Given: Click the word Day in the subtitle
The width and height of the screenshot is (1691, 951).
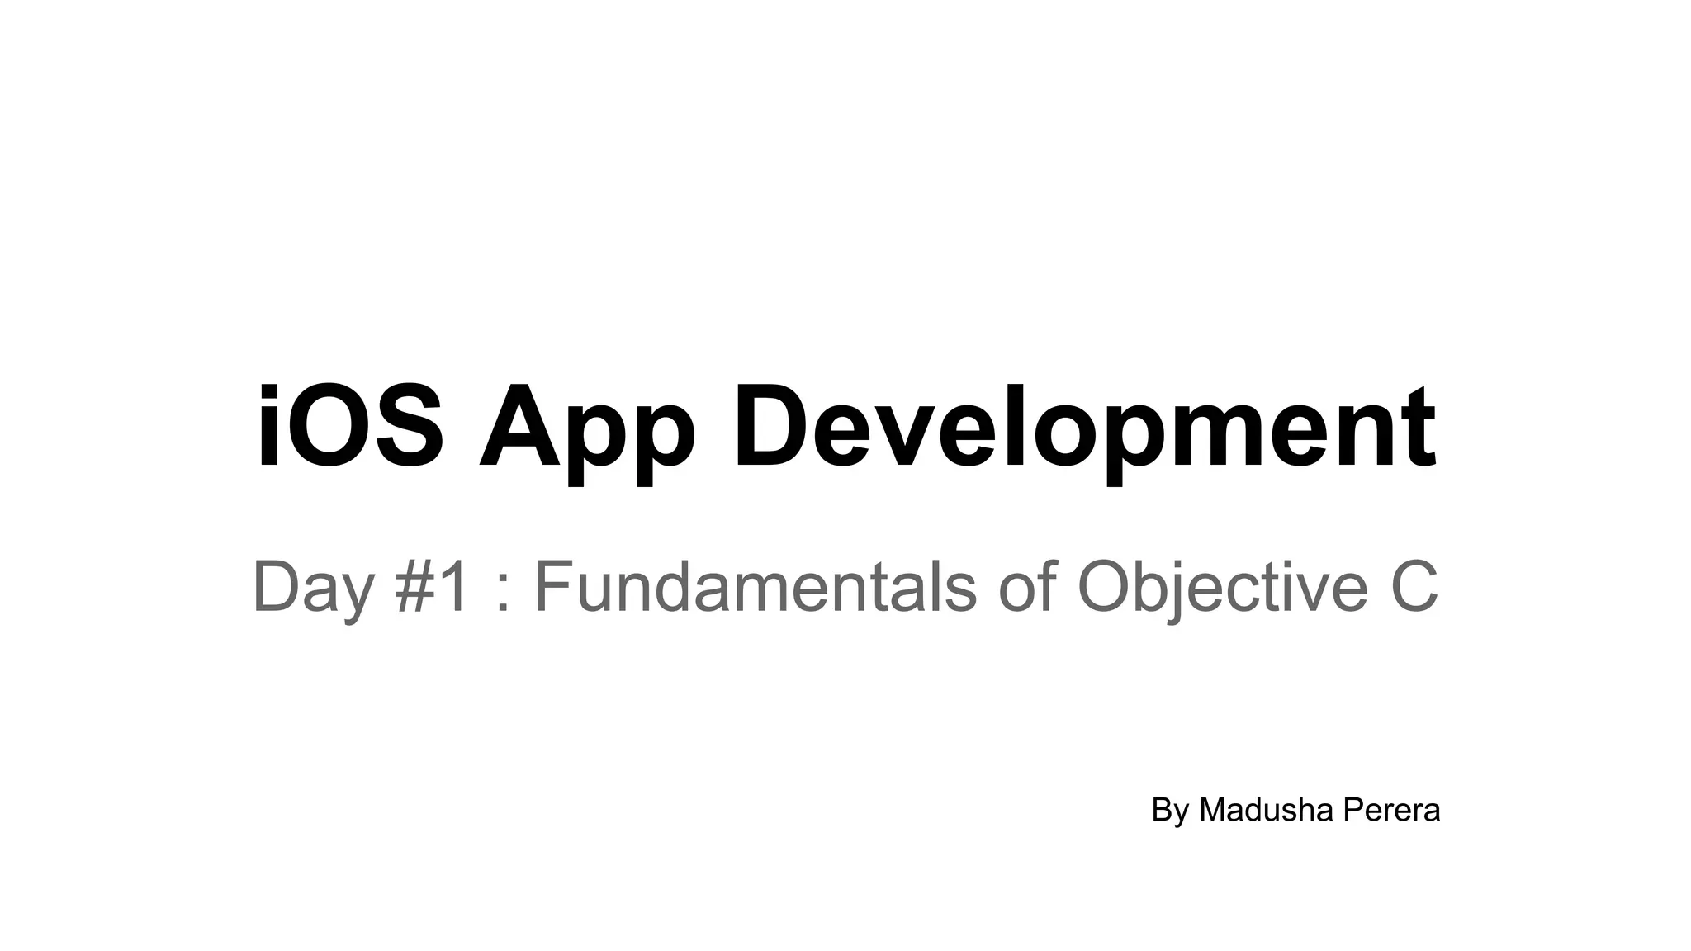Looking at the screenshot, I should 313,588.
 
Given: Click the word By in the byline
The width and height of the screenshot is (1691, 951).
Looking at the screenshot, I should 1169,811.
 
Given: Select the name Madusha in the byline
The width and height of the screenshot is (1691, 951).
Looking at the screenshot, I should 1267,810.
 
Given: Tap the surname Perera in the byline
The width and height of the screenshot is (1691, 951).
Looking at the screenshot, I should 1391,810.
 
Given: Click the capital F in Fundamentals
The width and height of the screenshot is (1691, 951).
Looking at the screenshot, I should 554,586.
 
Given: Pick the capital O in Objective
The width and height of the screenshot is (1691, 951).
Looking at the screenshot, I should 1109,586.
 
